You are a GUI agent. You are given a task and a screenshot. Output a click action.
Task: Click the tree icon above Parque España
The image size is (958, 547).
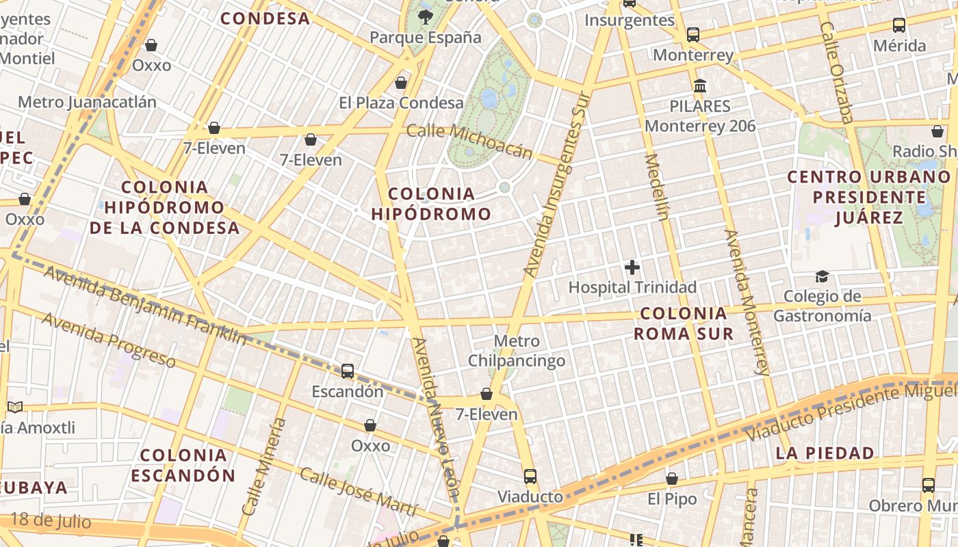point(426,16)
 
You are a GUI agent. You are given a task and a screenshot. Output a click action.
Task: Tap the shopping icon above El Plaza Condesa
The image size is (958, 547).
point(401,83)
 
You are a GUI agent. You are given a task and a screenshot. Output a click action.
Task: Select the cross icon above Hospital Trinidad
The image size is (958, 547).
point(632,267)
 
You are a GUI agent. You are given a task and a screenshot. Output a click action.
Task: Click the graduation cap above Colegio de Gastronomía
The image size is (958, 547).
point(822,276)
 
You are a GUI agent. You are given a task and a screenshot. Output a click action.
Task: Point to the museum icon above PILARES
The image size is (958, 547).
point(700,86)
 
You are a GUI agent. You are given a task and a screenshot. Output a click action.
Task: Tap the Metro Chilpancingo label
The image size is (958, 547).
point(517,351)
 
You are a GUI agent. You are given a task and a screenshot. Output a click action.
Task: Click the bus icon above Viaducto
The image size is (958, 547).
point(530,476)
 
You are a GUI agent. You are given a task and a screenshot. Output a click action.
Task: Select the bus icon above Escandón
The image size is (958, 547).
point(348,371)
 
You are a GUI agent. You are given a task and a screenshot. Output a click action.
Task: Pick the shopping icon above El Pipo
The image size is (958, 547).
point(672,479)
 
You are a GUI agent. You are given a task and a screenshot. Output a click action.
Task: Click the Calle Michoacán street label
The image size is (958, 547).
point(469,141)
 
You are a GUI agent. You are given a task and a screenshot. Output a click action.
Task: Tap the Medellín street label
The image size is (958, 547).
point(656,187)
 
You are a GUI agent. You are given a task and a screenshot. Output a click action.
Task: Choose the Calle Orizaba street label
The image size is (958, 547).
point(836,72)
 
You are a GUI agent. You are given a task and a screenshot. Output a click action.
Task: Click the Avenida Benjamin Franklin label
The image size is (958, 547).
point(144,304)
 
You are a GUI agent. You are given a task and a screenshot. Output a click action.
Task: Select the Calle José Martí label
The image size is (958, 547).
point(358,492)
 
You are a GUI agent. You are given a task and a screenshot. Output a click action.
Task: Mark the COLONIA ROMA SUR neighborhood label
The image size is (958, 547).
point(683,323)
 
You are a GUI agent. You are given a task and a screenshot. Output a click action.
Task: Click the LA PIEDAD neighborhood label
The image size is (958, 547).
point(825,453)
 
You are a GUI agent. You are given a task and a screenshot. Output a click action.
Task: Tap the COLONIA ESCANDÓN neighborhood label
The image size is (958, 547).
point(183,465)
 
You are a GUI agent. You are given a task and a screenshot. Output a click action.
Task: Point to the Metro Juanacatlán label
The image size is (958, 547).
point(87,103)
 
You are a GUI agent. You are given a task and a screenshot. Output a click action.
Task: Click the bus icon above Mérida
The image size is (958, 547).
point(899,26)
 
